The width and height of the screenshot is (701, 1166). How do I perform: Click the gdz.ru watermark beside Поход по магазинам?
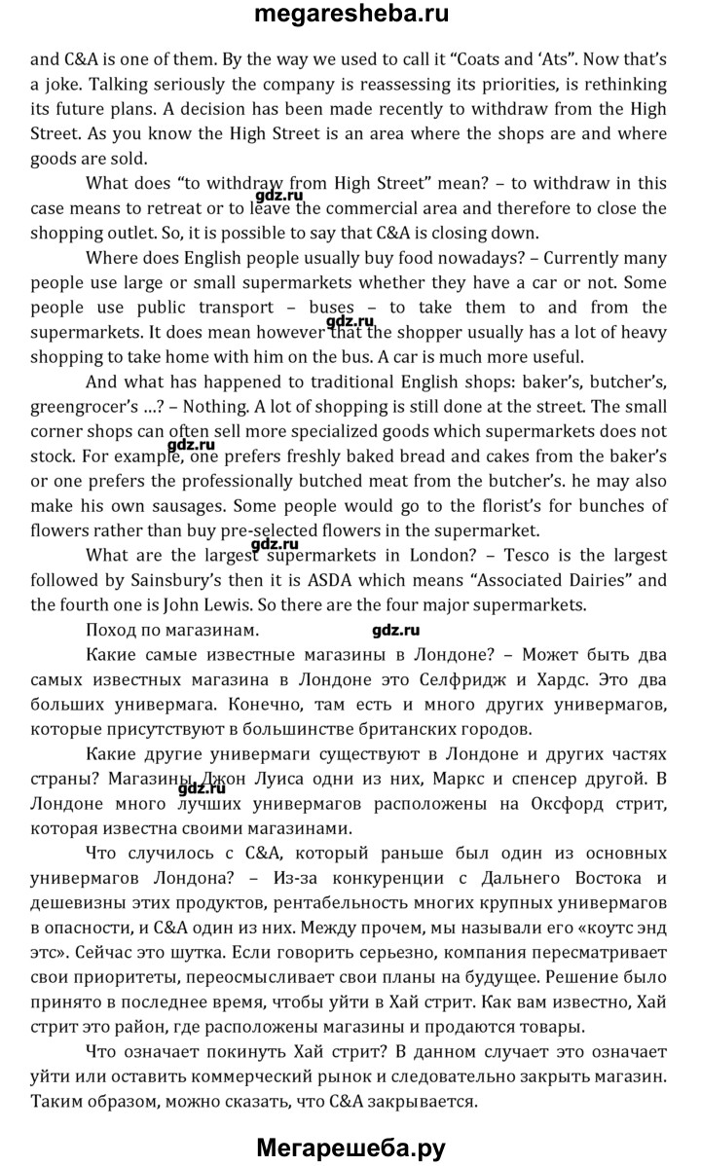[x=395, y=630]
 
